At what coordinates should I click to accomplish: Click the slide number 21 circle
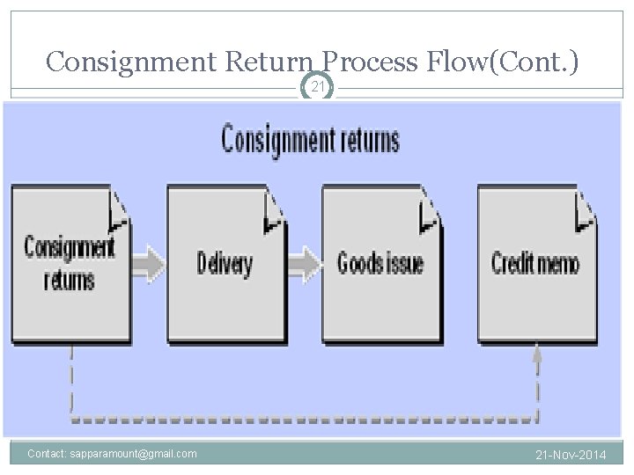coord(317,87)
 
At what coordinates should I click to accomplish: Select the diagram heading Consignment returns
coord(310,140)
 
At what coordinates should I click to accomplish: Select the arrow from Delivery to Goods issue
coord(305,262)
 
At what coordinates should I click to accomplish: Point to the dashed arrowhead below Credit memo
coord(537,354)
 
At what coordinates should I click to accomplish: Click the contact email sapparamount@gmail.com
coord(112,454)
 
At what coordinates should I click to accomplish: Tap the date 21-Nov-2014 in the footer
coord(571,455)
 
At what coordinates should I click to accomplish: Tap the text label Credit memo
coord(535,262)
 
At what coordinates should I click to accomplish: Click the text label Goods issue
coord(380,262)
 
